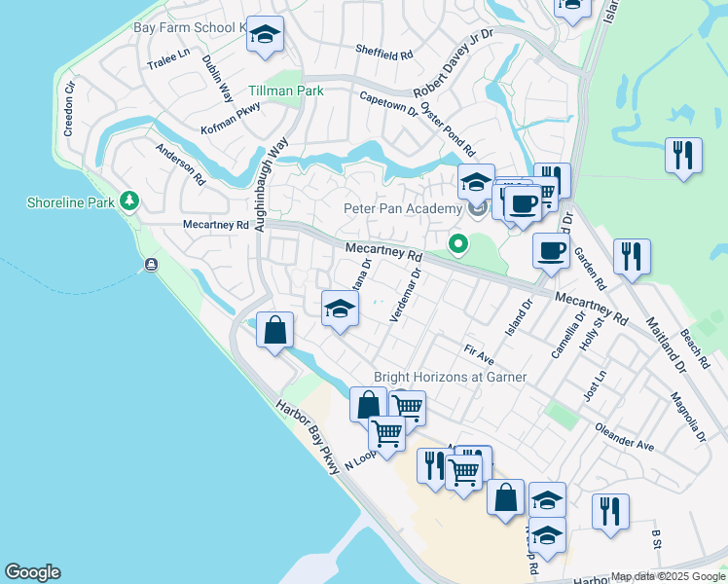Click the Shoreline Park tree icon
click(128, 201)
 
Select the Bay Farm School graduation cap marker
click(265, 36)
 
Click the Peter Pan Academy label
click(402, 208)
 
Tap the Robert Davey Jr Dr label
click(454, 63)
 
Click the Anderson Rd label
click(181, 165)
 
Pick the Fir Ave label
click(480, 353)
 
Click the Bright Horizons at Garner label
click(451, 377)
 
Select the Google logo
click(32, 572)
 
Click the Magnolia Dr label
click(687, 417)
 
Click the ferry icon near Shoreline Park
click(152, 265)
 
